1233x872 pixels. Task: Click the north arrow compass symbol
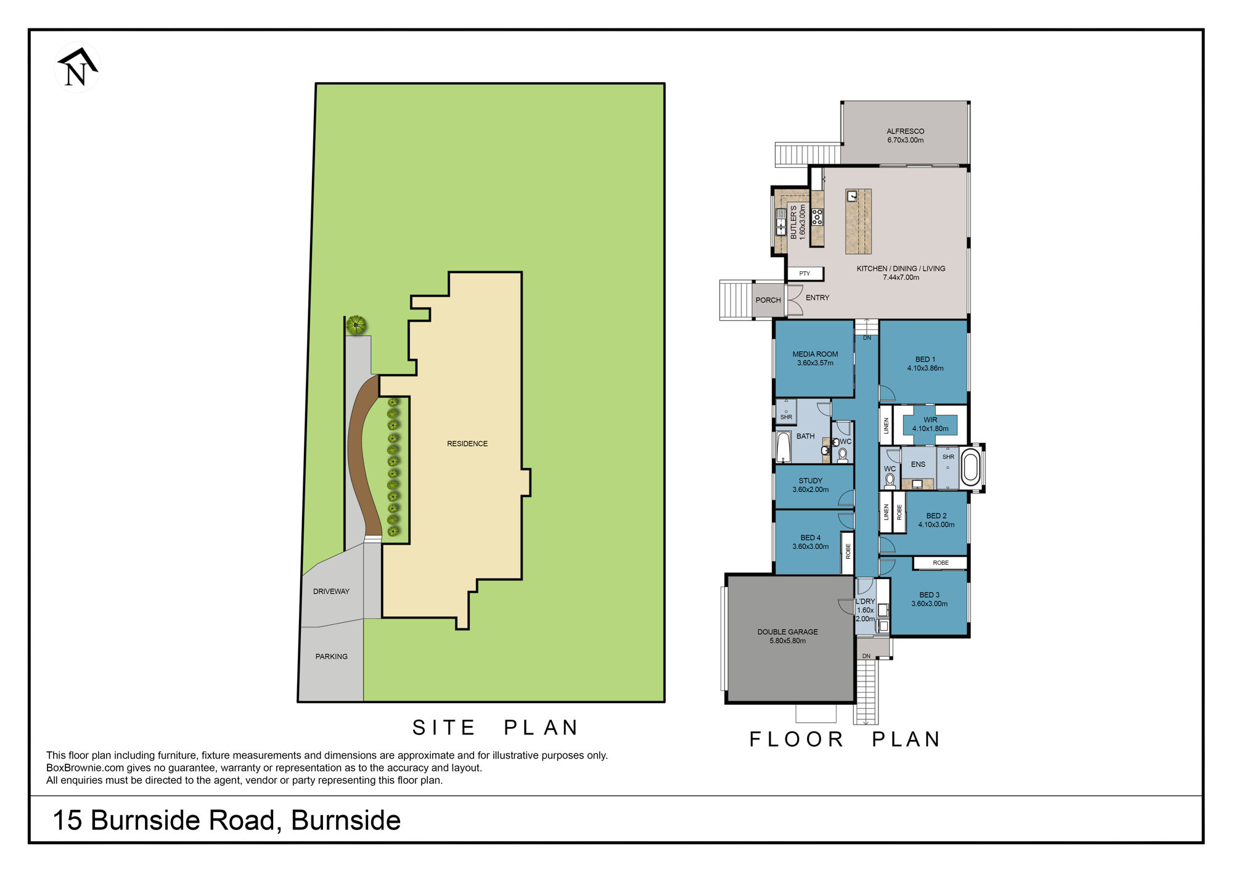pos(77,67)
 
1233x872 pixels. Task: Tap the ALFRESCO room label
pos(905,131)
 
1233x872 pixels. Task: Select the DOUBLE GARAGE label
pos(787,632)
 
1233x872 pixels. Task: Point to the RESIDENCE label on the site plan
pos(467,444)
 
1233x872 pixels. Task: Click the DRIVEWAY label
pos(331,591)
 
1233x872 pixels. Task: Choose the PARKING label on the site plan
pos(332,657)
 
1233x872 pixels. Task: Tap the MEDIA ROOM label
pos(815,355)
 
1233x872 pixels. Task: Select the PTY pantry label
pos(805,274)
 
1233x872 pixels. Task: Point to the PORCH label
pos(768,300)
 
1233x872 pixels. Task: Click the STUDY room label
pos(811,481)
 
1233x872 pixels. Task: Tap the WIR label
pos(930,420)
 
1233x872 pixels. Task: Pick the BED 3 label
pos(930,595)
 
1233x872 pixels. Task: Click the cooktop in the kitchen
pos(817,216)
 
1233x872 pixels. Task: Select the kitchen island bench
pos(858,221)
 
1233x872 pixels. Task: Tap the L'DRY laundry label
pos(865,601)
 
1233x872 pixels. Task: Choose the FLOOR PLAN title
pos(845,739)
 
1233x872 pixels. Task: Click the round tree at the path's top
pos(356,324)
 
